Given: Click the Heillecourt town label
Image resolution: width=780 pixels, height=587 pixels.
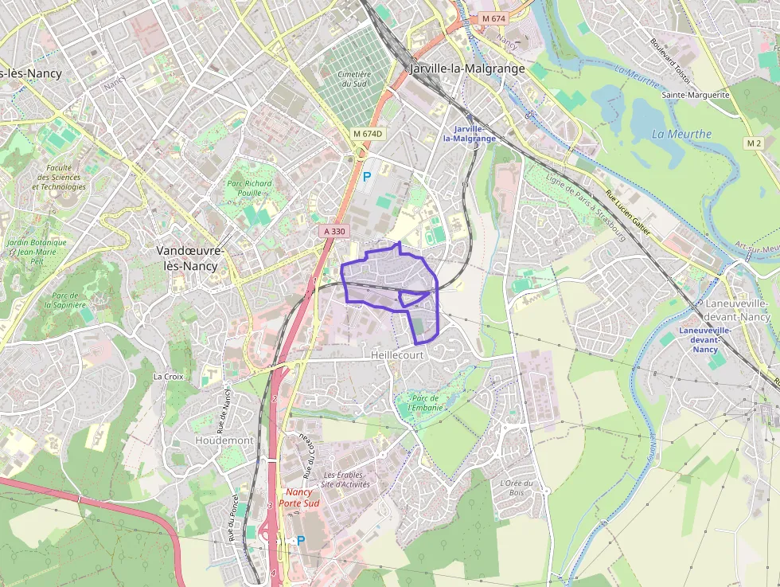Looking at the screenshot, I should click(x=397, y=354).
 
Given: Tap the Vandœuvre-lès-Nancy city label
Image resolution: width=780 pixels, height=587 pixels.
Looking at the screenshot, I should click(x=190, y=258).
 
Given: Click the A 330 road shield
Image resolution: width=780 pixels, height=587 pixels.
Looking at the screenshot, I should click(x=335, y=231).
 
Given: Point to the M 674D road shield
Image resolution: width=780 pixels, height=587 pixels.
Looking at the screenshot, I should click(x=369, y=134).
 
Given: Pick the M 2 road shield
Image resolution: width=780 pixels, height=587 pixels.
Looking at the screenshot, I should click(x=754, y=143).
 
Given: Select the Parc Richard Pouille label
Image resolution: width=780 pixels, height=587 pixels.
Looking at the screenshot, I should click(x=250, y=188).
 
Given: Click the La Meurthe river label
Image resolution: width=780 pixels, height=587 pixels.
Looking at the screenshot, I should click(x=681, y=134).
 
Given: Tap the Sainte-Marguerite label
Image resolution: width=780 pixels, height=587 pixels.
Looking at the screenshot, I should click(x=695, y=94).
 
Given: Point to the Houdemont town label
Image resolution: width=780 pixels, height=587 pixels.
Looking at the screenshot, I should click(x=224, y=440).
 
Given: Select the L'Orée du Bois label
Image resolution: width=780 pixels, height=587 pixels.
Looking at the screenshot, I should click(x=516, y=487).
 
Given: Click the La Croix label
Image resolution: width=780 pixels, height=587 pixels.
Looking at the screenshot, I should click(x=168, y=376).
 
